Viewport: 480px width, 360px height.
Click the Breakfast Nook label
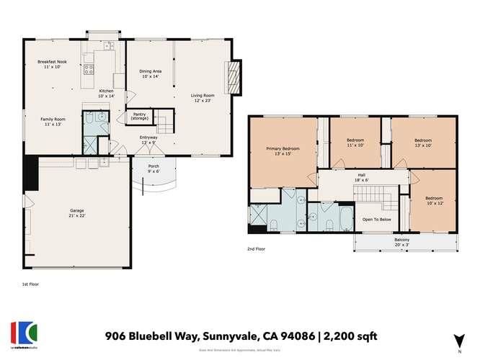[51, 63]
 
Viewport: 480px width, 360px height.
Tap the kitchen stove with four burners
[89, 71]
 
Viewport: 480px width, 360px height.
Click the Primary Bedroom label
[283, 148]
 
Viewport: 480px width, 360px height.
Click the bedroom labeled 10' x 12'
[433, 201]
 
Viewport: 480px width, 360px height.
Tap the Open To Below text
[376, 219]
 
